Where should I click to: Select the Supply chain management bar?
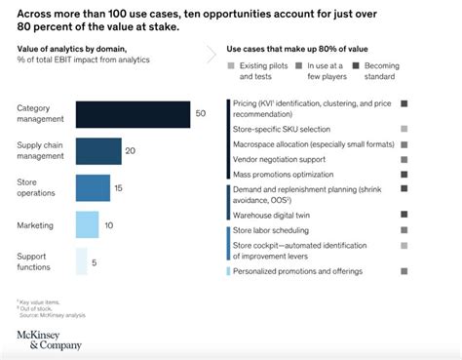click(98, 151)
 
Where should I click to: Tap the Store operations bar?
click(93, 187)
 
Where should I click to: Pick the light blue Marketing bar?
click(87, 225)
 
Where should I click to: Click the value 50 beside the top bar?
click(200, 114)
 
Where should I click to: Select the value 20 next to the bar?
click(131, 151)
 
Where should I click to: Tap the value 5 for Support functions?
click(94, 261)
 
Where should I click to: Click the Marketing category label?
click(35, 225)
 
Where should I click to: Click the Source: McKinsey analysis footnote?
click(50, 316)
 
